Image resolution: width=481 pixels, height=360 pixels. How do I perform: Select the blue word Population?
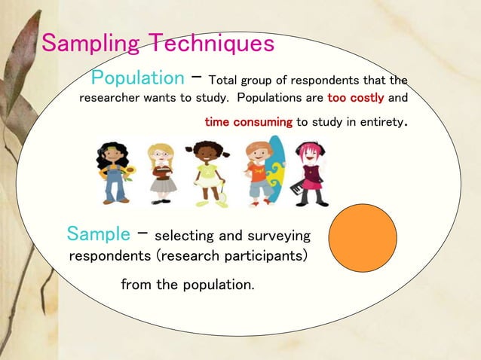point(137,78)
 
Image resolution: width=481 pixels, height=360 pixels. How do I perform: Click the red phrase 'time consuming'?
point(248,121)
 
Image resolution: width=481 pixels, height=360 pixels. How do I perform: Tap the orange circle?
point(363,238)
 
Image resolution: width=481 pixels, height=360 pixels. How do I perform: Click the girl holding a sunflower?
point(113,172)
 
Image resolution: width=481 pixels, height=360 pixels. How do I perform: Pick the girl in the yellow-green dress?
point(207,172)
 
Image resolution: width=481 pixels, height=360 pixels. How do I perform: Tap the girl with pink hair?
point(311,172)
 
